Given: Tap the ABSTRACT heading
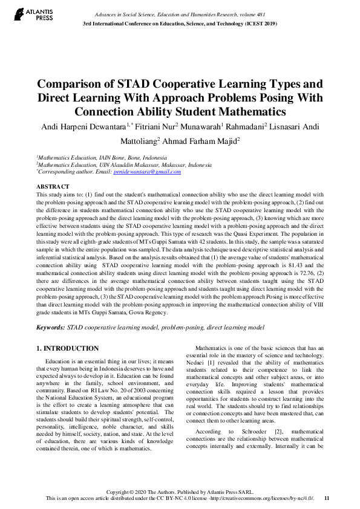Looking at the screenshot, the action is pyautogui.click(x=53, y=187).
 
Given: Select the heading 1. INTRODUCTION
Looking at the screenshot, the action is pyautogui.click(x=67, y=348).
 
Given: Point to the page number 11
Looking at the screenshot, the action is pyautogui.click(x=327, y=498).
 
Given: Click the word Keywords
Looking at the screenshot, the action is pyautogui.click(x=51, y=327).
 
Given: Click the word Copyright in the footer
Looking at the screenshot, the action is pyautogui.click(x=120, y=491).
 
